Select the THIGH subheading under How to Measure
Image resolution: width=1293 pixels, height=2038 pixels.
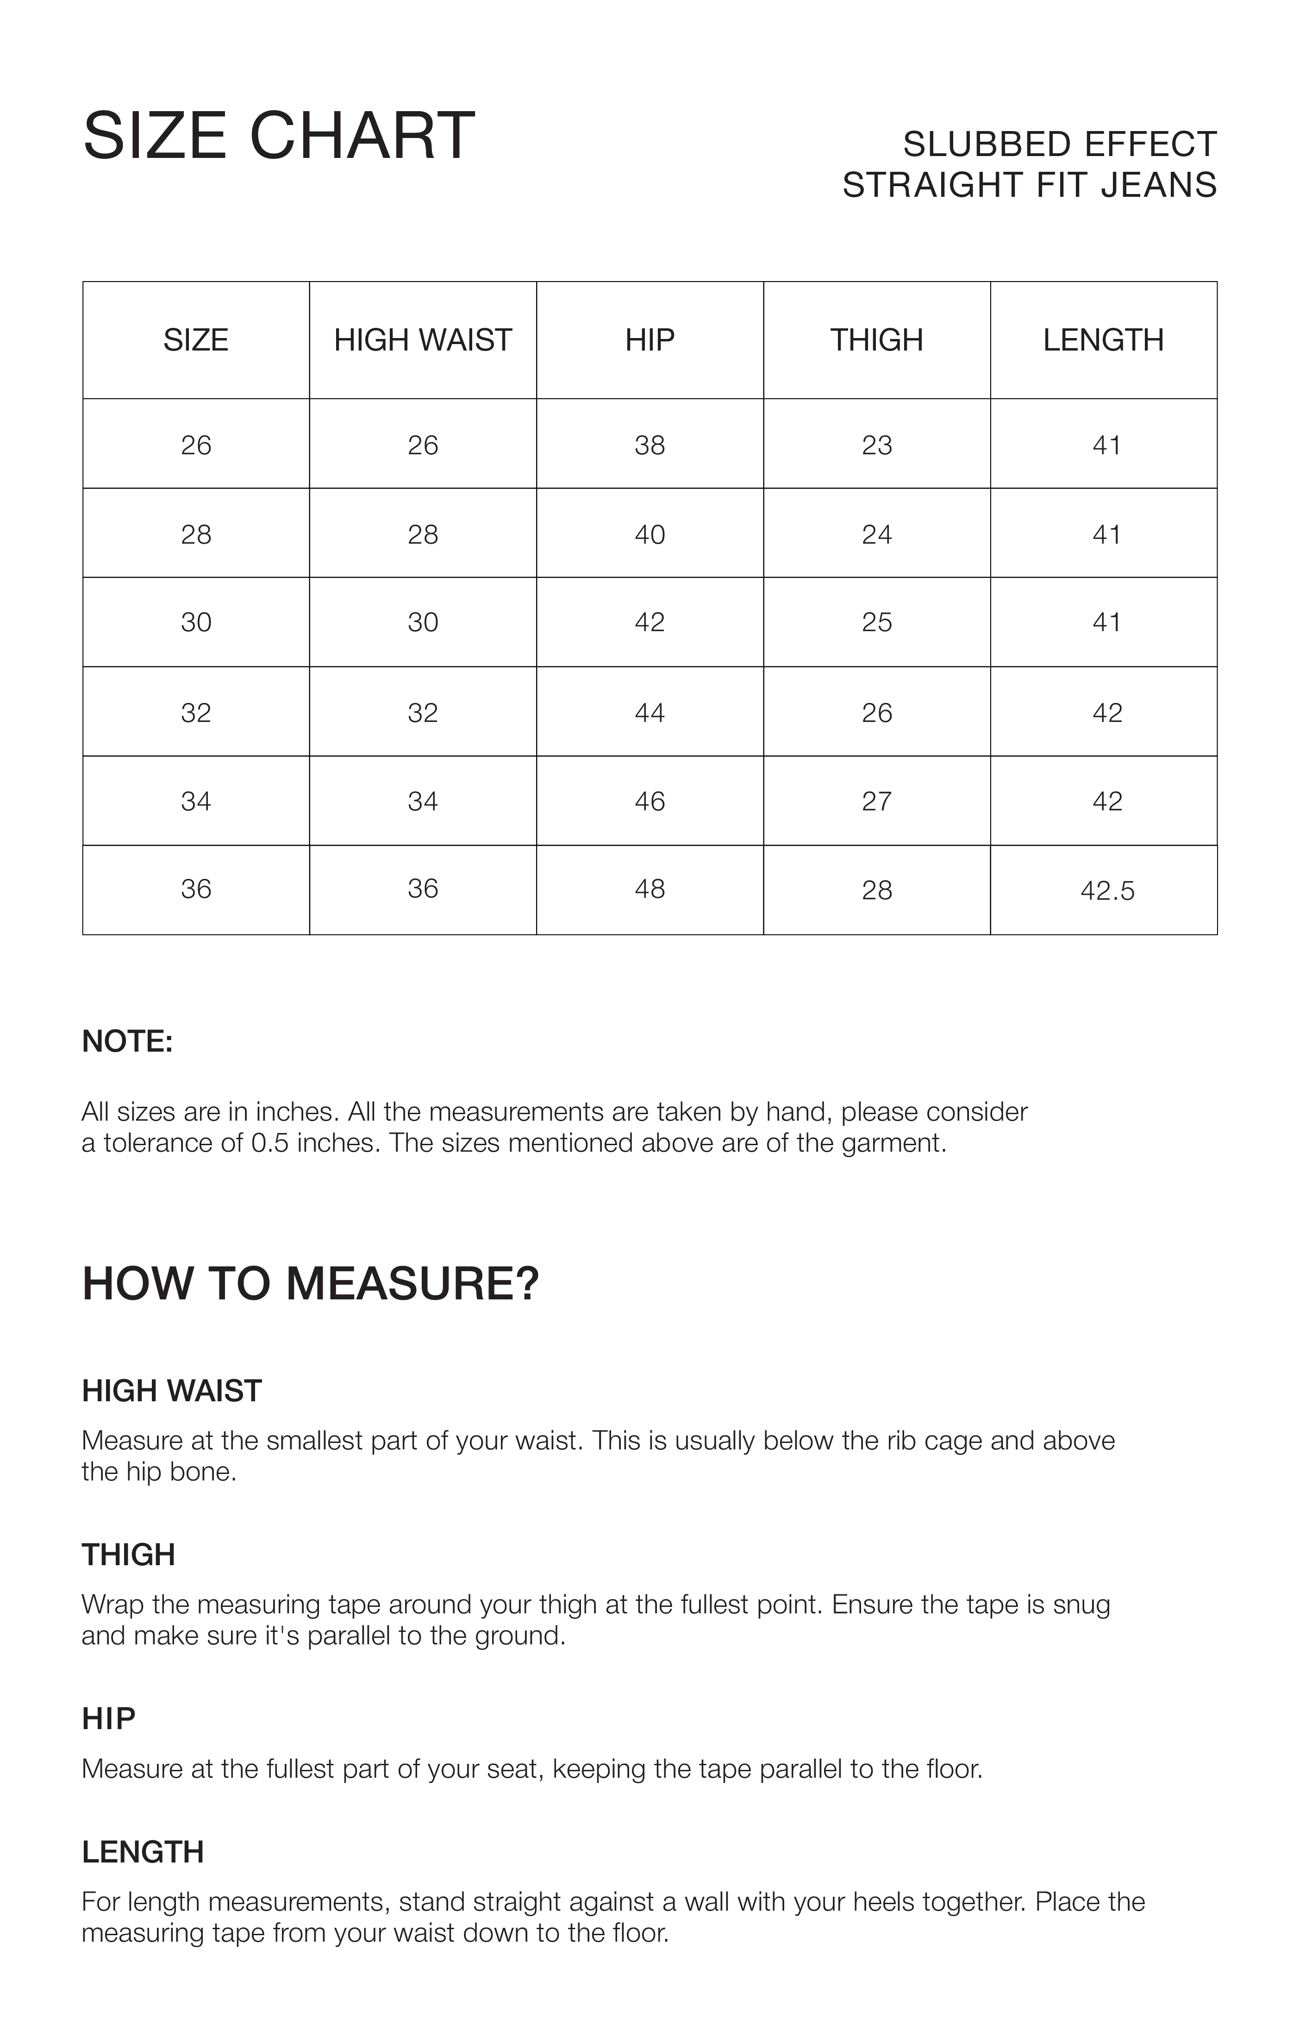128,1555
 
